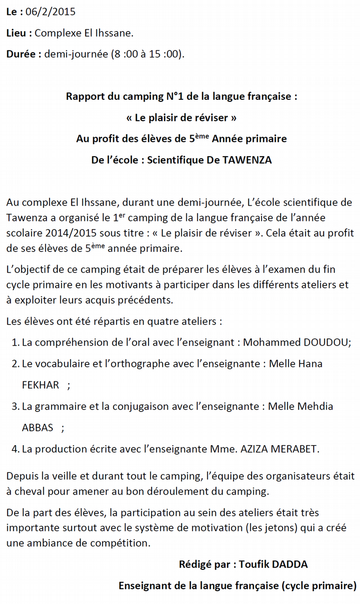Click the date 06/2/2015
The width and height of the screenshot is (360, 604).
[51, 12]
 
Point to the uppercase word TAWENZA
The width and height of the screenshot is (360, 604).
[247, 160]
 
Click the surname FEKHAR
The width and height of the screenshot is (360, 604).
[40, 385]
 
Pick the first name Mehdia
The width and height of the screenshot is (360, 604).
[315, 406]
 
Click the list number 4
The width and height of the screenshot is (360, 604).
[14, 449]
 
